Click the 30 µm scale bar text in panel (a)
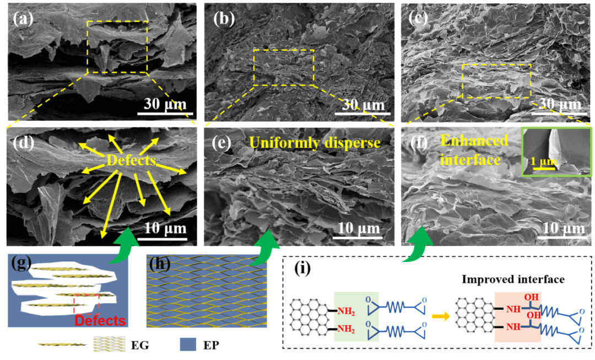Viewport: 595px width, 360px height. click(165, 104)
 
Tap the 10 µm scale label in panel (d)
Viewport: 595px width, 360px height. click(165, 228)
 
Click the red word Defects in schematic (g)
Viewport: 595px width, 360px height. click(100, 320)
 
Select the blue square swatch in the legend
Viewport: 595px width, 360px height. click(189, 345)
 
